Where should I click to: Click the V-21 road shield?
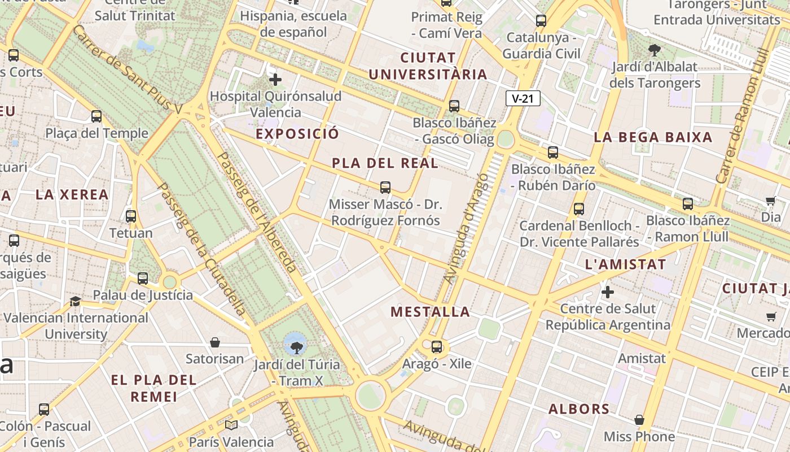click(x=523, y=99)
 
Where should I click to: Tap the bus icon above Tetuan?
click(x=131, y=216)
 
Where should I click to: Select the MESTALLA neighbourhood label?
click(x=430, y=312)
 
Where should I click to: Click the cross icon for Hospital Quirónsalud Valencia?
click(x=275, y=80)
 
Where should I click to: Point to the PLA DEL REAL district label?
click(x=385, y=163)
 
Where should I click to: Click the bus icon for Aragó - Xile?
click(x=437, y=347)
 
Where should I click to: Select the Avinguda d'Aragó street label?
click(x=466, y=229)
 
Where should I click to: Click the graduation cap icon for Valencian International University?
click(x=76, y=301)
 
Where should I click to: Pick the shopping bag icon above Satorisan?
click(x=215, y=342)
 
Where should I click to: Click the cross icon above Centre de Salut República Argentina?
click(x=608, y=292)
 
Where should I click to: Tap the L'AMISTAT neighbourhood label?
click(x=625, y=264)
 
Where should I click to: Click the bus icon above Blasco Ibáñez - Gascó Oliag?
click(x=454, y=106)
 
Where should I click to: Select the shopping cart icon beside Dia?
click(x=771, y=201)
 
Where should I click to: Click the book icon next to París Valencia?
click(x=231, y=425)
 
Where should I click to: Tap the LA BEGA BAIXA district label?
click(x=653, y=137)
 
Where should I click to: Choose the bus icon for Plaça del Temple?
click(x=96, y=116)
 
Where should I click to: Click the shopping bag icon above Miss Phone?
click(x=639, y=420)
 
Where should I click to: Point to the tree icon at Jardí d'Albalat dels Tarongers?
click(x=655, y=51)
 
